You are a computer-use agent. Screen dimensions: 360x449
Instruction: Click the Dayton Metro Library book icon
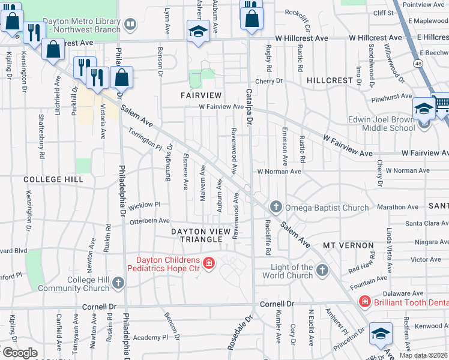tap(130, 25)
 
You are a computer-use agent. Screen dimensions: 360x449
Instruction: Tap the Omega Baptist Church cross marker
tap(276, 208)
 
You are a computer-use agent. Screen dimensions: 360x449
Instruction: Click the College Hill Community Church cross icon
tap(118, 283)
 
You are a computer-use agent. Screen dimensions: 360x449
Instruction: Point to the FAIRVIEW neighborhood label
tap(202, 95)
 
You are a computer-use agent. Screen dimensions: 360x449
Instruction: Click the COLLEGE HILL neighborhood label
tap(51, 179)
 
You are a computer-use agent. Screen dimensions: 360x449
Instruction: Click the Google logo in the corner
tap(19, 352)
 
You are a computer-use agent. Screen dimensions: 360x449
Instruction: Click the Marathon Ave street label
tap(398, 207)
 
